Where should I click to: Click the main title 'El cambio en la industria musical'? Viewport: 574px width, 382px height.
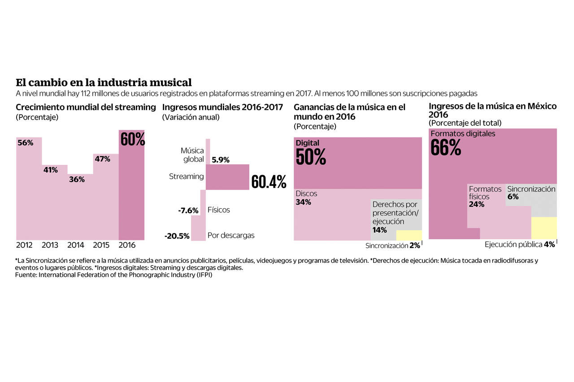coord(104,83)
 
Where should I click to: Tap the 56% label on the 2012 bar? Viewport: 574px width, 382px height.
coord(26,143)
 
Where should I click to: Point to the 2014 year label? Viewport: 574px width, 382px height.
coord(76,245)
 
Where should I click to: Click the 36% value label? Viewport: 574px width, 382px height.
coord(76,179)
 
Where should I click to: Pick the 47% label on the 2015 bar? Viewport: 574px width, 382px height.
coord(102,159)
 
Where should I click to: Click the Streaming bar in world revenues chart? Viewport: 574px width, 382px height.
coord(227,177)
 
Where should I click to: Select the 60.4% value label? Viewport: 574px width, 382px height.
coord(269,182)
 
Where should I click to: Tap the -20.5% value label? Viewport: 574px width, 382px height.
coord(177,236)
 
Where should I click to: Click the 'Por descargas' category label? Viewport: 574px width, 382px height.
coord(230,236)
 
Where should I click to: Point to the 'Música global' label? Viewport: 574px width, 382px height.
coord(192,155)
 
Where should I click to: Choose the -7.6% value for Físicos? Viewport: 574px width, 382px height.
coord(188,210)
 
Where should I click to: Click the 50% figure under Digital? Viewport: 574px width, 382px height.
coord(311,157)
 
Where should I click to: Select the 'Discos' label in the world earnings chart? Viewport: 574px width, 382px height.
coord(306,194)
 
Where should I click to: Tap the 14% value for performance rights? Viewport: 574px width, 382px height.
coord(379,230)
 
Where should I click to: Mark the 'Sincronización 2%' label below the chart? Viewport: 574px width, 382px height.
coord(392,246)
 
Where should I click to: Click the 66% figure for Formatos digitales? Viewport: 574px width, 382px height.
coord(445,148)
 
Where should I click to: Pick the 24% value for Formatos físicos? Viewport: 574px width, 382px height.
coord(477,205)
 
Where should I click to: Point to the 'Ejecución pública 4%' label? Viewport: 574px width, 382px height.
coord(520,245)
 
